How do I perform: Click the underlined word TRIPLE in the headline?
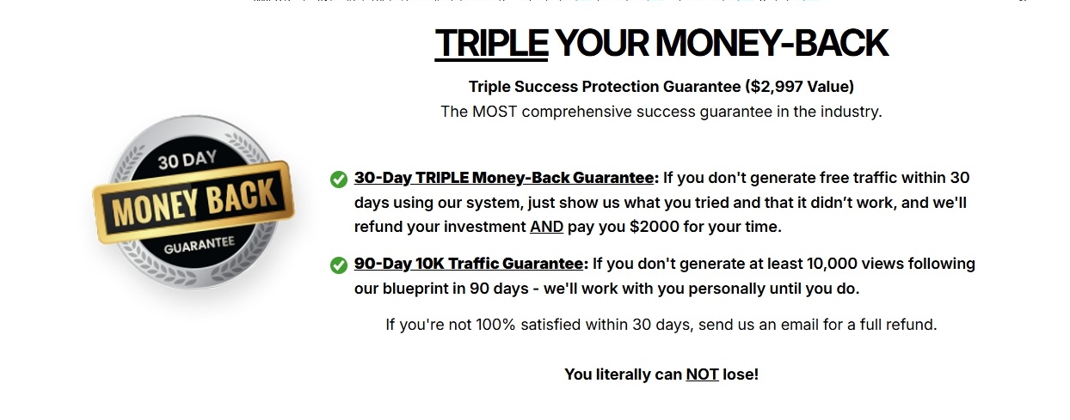(491, 43)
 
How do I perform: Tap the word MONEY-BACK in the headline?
(772, 43)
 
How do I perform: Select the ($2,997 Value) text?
(799, 87)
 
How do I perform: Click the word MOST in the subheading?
(495, 112)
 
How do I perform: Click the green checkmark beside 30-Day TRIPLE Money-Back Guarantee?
(339, 180)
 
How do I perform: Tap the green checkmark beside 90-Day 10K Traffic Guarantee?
(339, 265)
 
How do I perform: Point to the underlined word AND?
(546, 227)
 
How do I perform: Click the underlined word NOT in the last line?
(702, 374)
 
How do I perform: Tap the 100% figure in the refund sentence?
(495, 325)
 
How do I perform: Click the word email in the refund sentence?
(800, 325)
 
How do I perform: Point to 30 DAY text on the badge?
(188, 160)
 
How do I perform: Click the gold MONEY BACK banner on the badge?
(194, 202)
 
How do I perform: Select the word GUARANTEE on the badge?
(200, 245)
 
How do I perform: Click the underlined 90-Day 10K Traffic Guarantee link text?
(468, 264)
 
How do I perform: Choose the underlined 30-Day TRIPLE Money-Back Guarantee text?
(504, 178)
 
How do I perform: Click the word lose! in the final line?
(741, 374)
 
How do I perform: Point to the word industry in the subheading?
(851, 112)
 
